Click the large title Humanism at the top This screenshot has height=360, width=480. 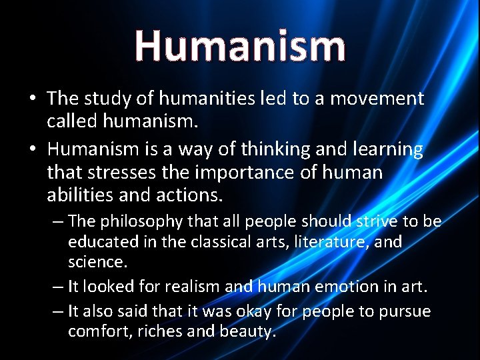(x=240, y=45)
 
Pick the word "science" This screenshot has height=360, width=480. (x=97, y=262)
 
